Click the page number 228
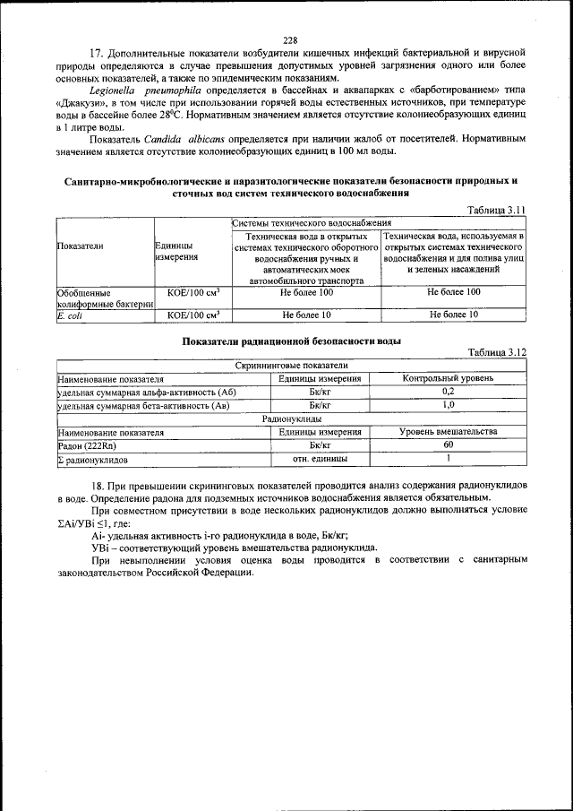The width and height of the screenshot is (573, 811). coord(289,39)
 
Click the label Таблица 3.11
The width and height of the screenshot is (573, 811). coord(496,210)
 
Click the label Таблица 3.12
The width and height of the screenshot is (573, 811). coord(496,352)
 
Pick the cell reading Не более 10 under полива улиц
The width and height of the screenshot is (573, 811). coord(453,315)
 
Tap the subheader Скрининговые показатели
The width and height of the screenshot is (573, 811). coord(291,366)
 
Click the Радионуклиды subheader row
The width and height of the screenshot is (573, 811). coord(291,418)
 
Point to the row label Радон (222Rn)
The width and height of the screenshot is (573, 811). coord(87,445)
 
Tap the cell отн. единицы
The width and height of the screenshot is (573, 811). coord(320,459)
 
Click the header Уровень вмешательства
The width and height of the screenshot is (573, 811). coord(448,431)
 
